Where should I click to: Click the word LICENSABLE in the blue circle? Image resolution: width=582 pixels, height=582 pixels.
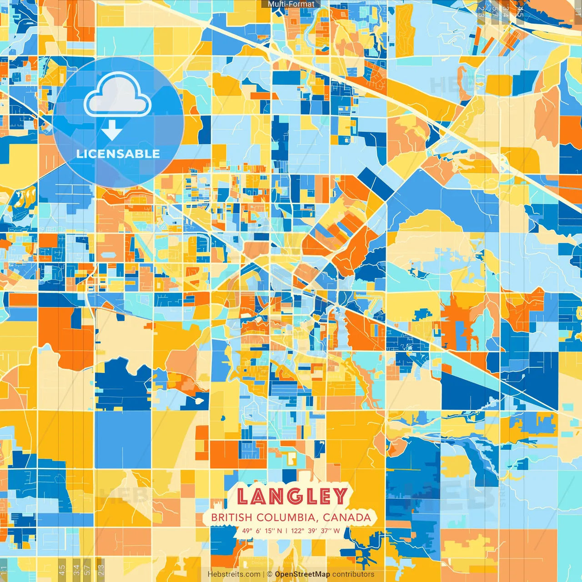(118, 154)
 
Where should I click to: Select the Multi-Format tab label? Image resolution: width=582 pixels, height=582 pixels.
(291, 4)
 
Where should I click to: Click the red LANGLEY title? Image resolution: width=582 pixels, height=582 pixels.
(292, 496)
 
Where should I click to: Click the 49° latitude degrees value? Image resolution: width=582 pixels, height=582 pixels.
(247, 531)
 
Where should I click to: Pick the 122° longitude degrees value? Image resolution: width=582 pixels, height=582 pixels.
(298, 531)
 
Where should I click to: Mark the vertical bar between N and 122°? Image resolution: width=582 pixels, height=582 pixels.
(286, 531)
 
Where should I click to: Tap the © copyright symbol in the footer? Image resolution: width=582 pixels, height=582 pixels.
(270, 574)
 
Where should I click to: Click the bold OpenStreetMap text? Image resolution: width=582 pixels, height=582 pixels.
(302, 574)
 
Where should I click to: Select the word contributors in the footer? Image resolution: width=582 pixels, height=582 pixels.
(353, 574)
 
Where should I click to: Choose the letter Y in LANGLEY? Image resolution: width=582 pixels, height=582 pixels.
(339, 496)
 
